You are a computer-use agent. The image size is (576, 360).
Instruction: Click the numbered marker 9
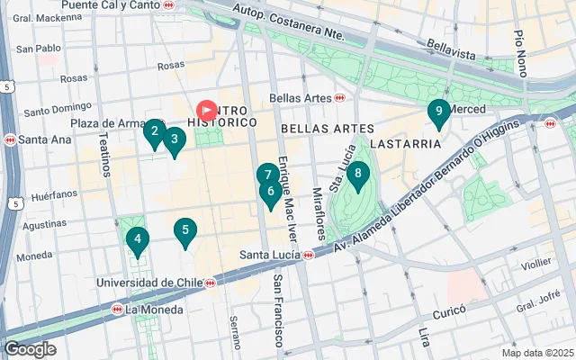pos(438,112)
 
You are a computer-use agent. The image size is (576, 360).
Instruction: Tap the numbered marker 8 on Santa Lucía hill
pos(358,174)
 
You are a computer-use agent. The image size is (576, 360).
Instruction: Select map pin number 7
pos(267,175)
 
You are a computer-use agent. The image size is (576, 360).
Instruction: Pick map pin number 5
pos(137,239)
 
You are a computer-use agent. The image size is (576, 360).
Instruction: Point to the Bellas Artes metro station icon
pos(339,97)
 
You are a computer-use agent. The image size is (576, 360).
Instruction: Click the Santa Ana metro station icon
pos(10,139)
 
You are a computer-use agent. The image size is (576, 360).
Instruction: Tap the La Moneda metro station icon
pos(117,310)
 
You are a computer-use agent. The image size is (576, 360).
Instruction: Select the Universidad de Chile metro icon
pos(210,283)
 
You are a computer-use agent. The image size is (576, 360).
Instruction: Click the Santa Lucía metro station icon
pos(308,255)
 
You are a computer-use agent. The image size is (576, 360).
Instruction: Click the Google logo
pos(31,349)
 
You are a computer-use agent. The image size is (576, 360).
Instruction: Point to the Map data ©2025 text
pos(536,353)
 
